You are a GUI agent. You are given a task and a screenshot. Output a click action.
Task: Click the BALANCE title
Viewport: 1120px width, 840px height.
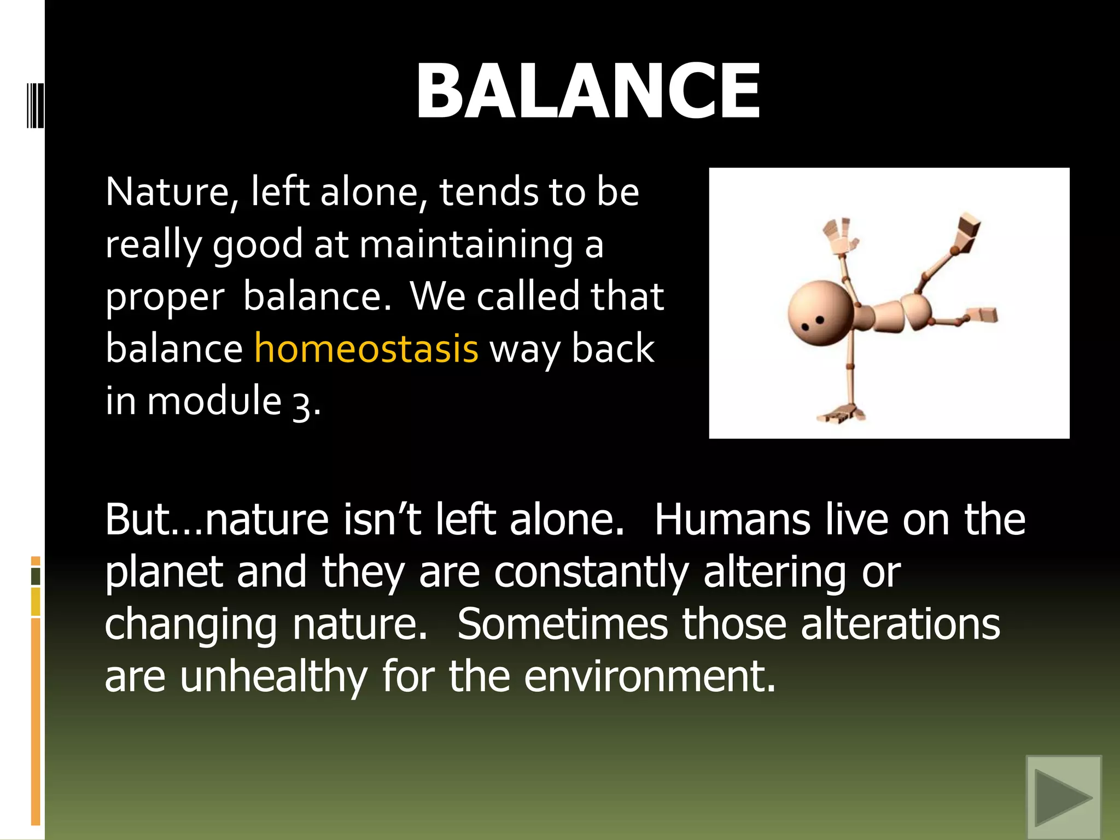tap(588, 91)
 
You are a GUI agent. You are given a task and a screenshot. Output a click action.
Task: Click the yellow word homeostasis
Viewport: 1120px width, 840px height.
tap(366, 349)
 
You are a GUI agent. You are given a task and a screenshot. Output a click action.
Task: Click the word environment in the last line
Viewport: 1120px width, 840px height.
tap(649, 677)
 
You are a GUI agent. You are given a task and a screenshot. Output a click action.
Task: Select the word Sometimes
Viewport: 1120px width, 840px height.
tap(562, 625)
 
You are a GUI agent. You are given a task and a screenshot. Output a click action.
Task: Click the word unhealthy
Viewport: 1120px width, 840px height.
tap(273, 677)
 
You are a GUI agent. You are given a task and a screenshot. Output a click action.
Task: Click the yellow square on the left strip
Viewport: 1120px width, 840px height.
tap(36, 602)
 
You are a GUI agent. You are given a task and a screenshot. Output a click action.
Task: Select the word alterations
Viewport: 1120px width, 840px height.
tap(900, 625)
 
